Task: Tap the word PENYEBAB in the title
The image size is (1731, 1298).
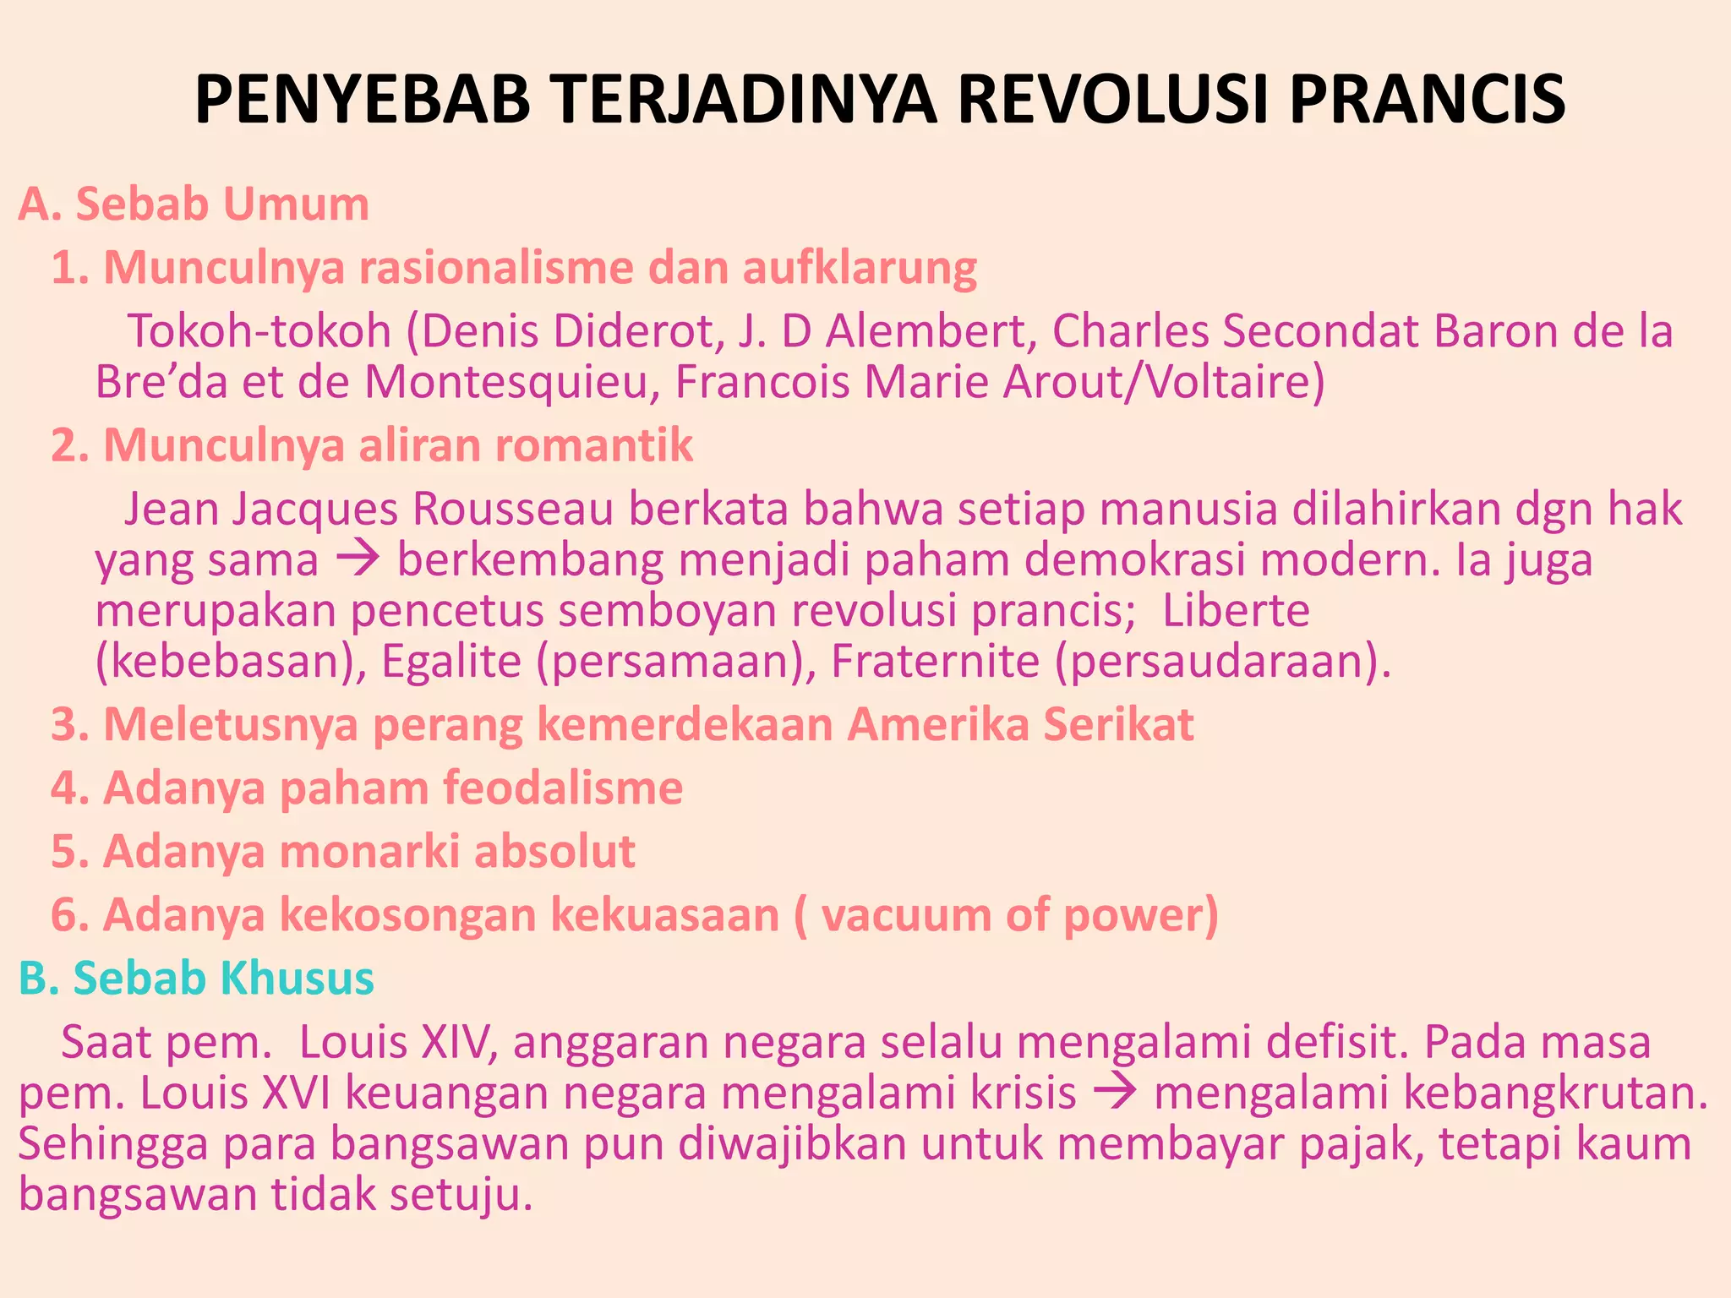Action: point(363,100)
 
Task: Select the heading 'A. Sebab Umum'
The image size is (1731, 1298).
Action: point(194,205)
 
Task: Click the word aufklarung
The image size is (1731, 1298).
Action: point(860,269)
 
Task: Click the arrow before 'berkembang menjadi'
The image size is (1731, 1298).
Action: point(358,560)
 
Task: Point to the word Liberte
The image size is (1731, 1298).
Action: point(1236,610)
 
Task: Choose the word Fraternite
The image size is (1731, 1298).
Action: point(935,661)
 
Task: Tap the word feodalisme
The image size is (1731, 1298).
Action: point(563,788)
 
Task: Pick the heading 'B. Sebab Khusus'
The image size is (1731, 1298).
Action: point(196,979)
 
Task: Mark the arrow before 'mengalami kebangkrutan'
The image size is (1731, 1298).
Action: point(1115,1093)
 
